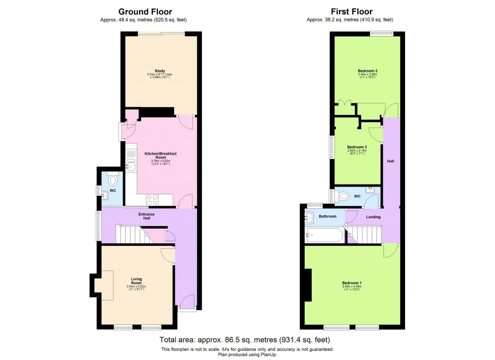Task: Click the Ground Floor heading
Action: click(145, 12)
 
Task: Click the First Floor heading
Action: click(351, 12)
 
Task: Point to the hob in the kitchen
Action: click(152, 200)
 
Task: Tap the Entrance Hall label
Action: click(146, 216)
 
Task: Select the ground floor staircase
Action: click(130, 235)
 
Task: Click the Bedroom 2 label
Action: click(367, 71)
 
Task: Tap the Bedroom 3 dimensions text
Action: click(357, 152)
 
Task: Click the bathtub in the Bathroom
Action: click(324, 236)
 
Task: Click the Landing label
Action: click(373, 217)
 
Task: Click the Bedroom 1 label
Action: click(352, 283)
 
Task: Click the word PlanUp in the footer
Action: click(268, 354)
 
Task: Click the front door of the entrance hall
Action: click(186, 303)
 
